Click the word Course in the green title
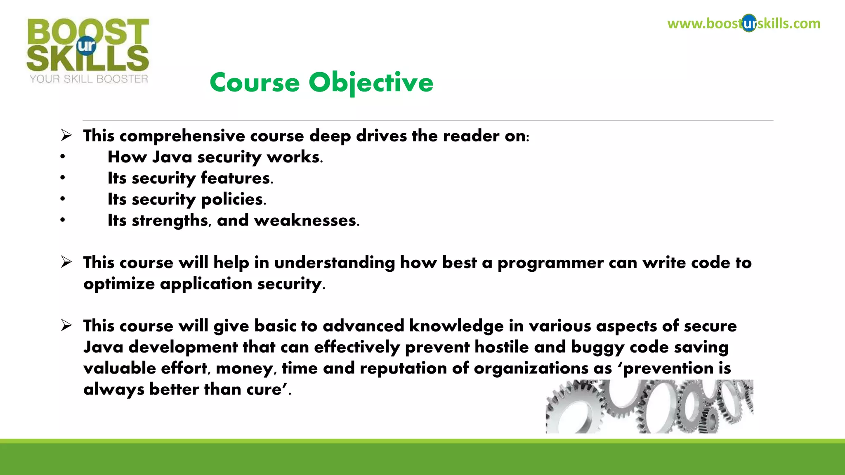(255, 82)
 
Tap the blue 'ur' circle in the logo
(86, 46)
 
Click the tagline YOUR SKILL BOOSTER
(89, 79)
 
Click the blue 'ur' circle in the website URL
(749, 24)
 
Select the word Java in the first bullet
(172, 157)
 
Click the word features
(237, 178)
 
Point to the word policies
(234, 200)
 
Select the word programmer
(550, 263)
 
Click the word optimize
(119, 284)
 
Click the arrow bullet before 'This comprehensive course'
(66, 135)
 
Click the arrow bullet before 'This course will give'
(66, 325)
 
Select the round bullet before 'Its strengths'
(62, 220)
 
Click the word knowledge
(456, 326)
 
